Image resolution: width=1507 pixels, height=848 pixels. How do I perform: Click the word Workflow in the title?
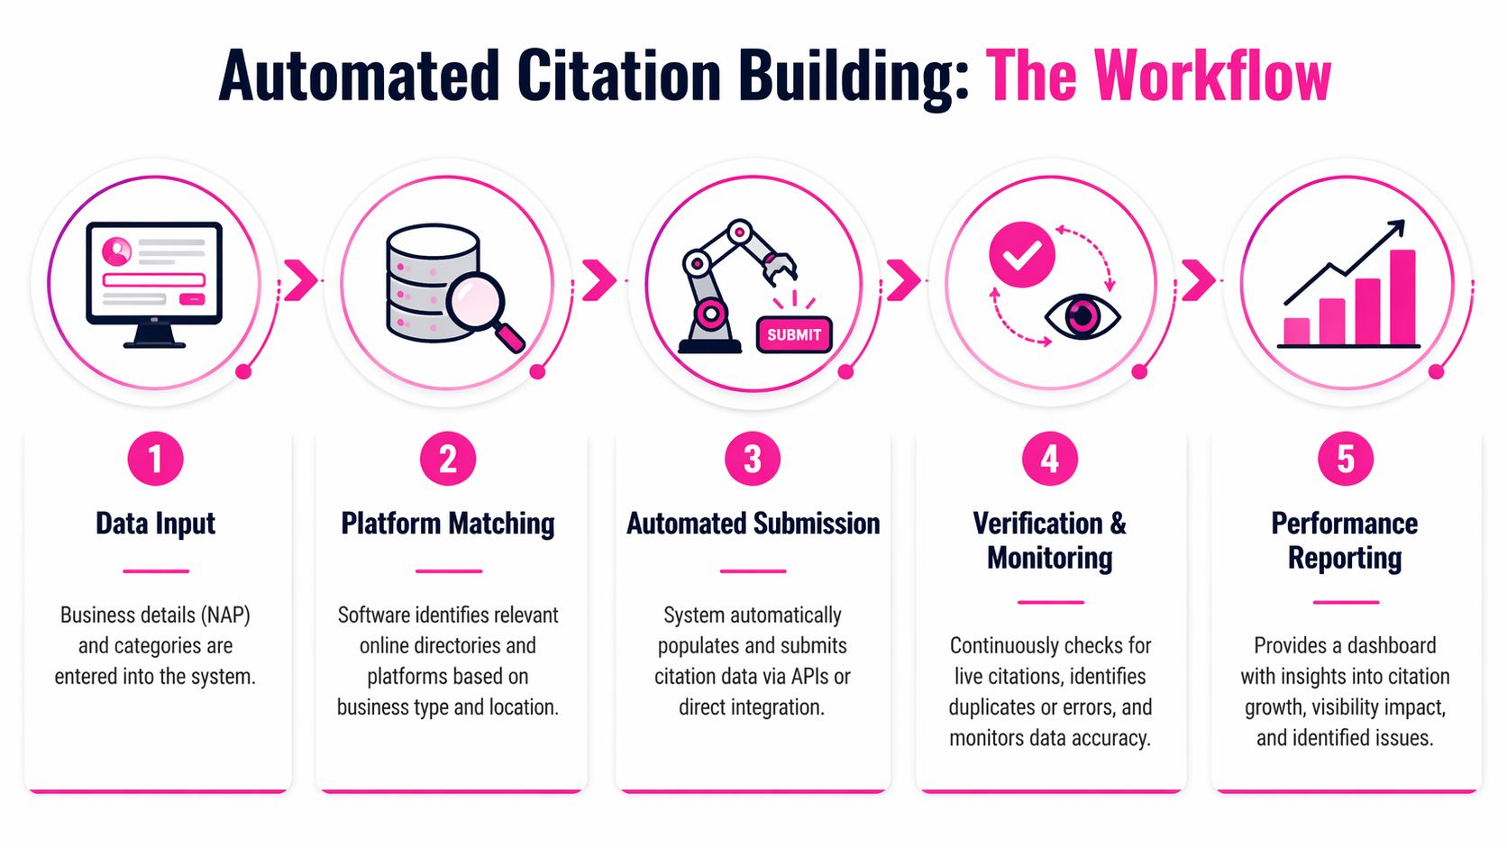(1212, 76)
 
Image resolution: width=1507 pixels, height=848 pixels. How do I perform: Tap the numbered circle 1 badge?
(155, 459)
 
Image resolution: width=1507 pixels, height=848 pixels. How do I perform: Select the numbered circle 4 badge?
(1049, 459)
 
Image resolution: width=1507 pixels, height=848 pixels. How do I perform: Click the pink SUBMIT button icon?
(793, 334)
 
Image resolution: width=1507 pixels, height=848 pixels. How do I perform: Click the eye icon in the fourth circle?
(1082, 317)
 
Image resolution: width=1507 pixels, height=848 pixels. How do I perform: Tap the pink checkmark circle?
(1021, 255)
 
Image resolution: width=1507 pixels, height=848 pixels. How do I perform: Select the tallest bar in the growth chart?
(1402, 297)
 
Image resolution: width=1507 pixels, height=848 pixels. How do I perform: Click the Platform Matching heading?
(447, 524)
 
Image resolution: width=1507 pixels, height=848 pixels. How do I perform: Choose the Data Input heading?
(155, 524)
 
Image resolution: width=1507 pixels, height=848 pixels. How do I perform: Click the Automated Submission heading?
(753, 524)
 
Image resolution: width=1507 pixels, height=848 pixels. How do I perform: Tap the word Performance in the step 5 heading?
(1344, 524)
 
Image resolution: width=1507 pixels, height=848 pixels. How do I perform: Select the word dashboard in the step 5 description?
(1391, 646)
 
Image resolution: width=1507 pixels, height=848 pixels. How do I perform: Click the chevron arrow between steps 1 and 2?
(301, 280)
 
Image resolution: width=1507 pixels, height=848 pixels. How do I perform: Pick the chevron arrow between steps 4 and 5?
(1199, 280)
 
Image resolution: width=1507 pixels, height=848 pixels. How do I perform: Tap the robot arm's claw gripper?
(779, 267)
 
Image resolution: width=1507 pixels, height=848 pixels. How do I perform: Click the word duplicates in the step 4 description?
(991, 707)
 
